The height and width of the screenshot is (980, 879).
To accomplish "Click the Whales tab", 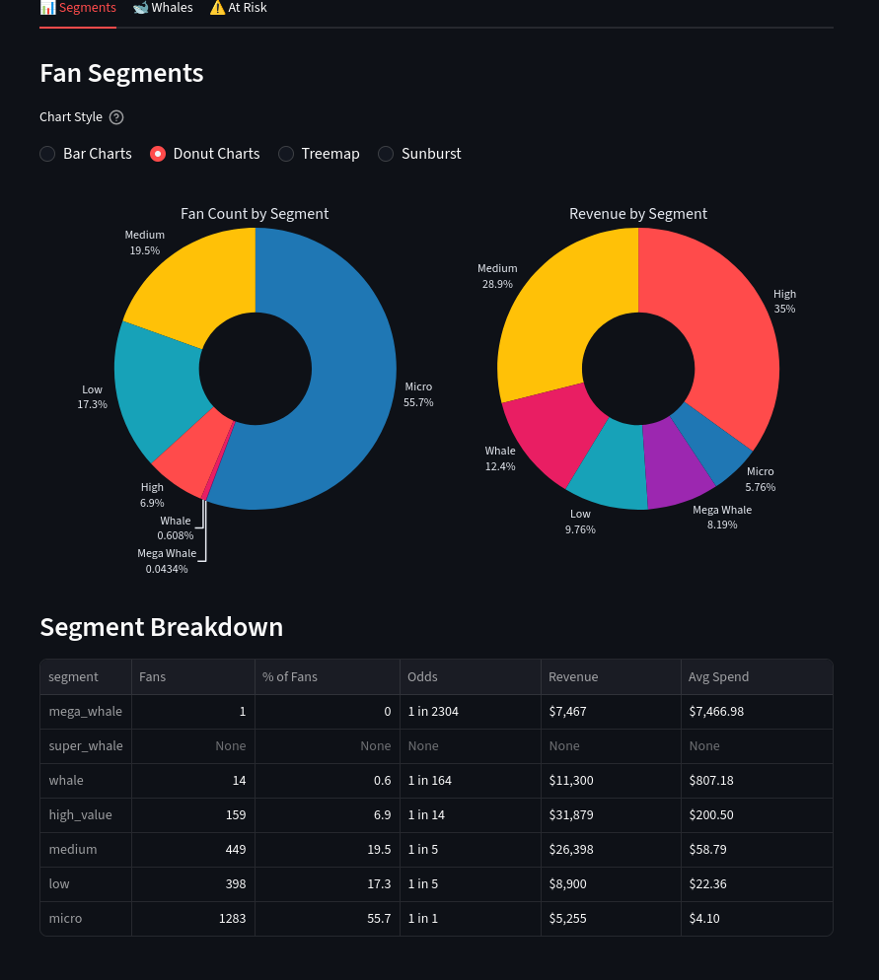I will coord(163,8).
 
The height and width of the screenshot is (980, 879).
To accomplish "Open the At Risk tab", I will coord(238,8).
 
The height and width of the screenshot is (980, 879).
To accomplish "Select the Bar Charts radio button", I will coord(47,154).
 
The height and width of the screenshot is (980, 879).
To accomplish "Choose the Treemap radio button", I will coord(286,154).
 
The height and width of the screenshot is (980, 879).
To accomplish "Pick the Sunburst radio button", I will coord(386,154).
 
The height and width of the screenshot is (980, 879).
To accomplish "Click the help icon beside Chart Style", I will coord(116,117).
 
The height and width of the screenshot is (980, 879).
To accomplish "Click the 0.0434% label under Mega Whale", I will coord(167,569).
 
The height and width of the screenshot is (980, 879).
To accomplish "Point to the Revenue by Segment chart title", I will coord(638,214).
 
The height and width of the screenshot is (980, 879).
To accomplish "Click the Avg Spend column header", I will coord(719,677).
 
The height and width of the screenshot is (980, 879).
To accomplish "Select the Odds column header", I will coord(423,677).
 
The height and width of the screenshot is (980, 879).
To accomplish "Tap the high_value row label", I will coord(81,815).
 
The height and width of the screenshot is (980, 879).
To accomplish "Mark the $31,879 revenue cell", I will coord(573,815).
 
